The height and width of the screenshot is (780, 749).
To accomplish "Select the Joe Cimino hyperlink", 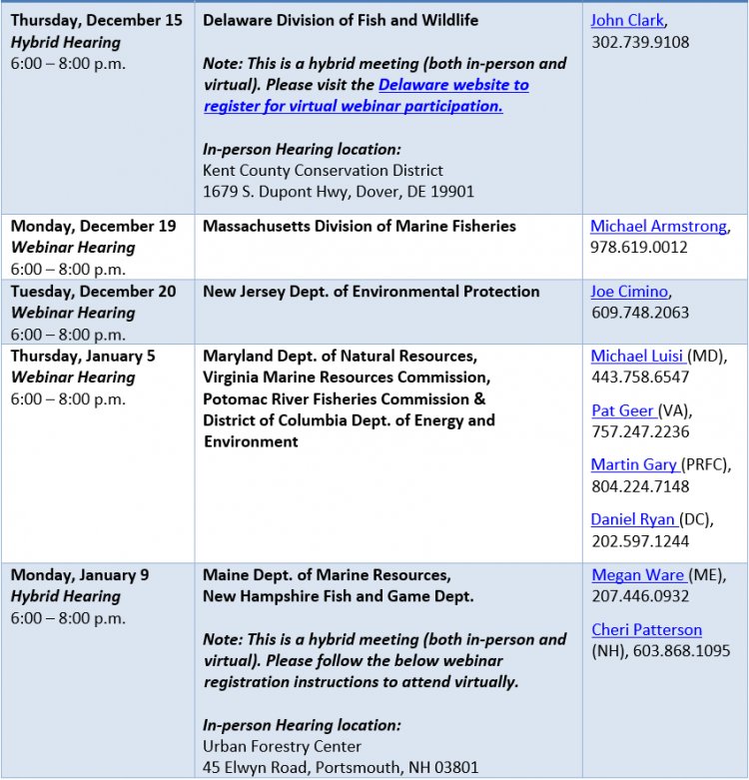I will coord(629,292).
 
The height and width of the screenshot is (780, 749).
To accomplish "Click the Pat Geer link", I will coord(623,410).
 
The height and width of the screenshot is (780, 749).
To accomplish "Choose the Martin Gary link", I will coord(634,464).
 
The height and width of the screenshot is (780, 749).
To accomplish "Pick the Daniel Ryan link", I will coord(634,519).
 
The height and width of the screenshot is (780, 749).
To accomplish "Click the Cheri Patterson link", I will coord(646,629).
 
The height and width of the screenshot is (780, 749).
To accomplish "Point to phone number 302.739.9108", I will coord(640,42).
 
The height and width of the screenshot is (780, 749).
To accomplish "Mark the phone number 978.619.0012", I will coord(639,247).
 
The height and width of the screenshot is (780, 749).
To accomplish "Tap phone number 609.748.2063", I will coord(639,313).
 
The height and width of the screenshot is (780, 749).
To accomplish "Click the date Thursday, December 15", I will coord(96,20).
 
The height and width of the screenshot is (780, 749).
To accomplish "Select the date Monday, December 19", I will coord(93,226).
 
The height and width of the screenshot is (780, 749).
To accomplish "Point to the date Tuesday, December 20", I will coord(93,292).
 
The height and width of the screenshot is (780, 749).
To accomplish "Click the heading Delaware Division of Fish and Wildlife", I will coord(341,20).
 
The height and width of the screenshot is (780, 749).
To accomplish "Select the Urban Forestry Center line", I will coord(282,746).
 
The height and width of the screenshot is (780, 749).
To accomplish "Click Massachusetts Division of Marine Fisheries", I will coord(360,226).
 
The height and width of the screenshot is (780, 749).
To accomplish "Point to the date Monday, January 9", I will coord(80,574).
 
